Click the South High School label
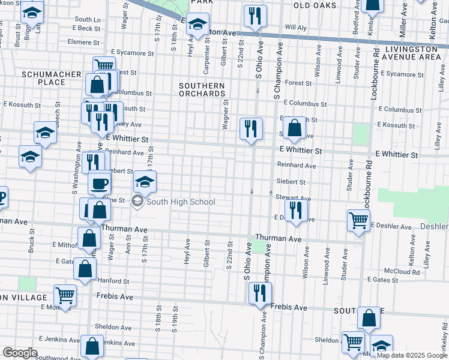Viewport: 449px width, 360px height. coord(181,202)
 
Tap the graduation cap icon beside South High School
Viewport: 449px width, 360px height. coord(145,182)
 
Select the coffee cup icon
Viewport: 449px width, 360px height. coord(100,183)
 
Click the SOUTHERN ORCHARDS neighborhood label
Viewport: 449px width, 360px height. coord(202,89)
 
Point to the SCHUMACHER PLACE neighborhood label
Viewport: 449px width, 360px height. coord(43,78)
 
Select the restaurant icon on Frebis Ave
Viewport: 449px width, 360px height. coord(259,293)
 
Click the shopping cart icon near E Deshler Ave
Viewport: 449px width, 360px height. coord(358,220)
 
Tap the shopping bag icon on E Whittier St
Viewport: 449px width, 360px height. coord(294,128)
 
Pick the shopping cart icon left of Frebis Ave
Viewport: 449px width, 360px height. coord(65,295)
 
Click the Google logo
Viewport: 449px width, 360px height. coord(20,353)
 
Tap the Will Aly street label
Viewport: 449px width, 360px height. coord(296,28)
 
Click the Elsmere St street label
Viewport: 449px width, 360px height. coord(83,43)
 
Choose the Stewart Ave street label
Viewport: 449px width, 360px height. coord(293,197)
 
